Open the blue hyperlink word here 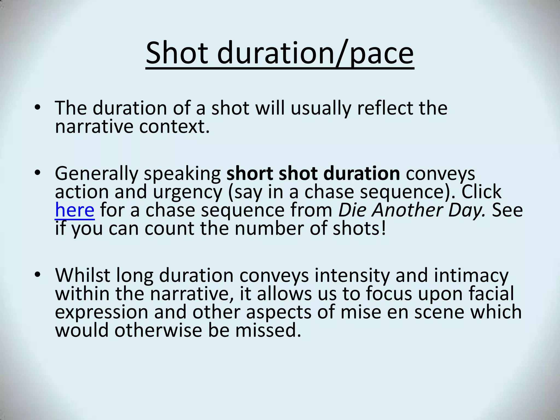[75, 210]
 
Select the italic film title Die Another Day [412, 210]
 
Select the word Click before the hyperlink [481, 192]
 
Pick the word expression [101, 313]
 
